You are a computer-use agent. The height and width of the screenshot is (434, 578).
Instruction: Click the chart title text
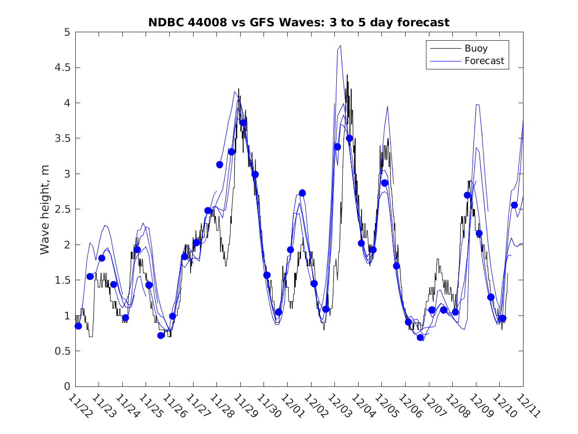(299, 22)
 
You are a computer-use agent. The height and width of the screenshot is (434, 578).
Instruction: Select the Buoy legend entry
(475, 49)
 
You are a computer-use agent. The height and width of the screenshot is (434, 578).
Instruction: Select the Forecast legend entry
(484, 61)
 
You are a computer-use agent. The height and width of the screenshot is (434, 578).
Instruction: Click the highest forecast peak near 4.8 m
(340, 46)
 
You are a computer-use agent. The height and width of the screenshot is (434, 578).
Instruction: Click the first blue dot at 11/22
(78, 326)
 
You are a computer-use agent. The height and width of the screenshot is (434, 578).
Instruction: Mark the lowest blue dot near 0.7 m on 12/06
(420, 337)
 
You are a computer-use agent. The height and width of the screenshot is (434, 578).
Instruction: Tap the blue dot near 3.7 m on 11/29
(243, 123)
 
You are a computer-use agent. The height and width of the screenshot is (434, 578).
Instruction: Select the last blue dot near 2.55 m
(514, 205)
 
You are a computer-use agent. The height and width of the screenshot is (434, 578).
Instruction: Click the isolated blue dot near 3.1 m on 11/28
(219, 164)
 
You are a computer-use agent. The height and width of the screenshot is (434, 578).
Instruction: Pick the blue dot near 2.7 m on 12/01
(302, 193)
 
